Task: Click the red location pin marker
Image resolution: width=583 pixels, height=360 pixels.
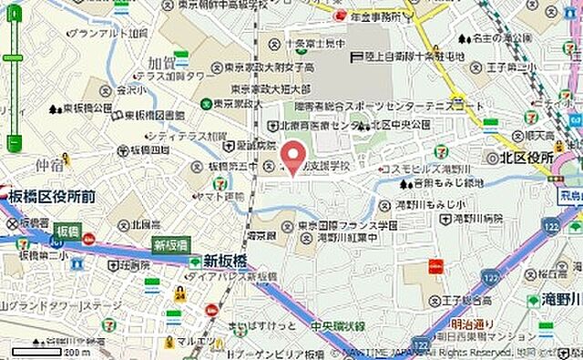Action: click(292, 157)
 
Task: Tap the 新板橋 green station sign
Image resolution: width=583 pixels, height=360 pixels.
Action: click(170, 245)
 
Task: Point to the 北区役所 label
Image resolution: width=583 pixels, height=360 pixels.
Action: click(527, 157)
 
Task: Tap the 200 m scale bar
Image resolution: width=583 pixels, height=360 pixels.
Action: click(56, 350)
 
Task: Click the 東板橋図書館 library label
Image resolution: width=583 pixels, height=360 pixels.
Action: click(154, 116)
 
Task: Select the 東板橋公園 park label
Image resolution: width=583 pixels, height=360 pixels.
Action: click(88, 108)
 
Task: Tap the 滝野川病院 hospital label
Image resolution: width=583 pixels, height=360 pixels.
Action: click(475, 219)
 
